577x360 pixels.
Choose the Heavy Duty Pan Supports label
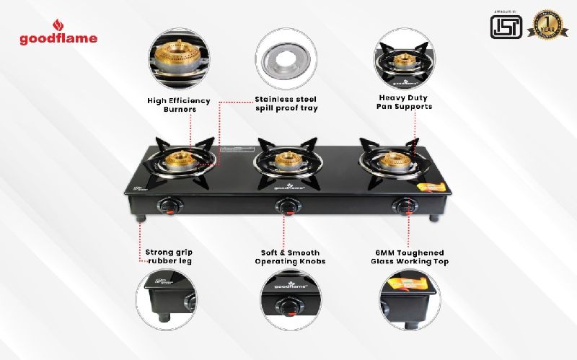pyautogui.click(x=405, y=101)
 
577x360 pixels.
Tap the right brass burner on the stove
pyautogui.click(x=395, y=160)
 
